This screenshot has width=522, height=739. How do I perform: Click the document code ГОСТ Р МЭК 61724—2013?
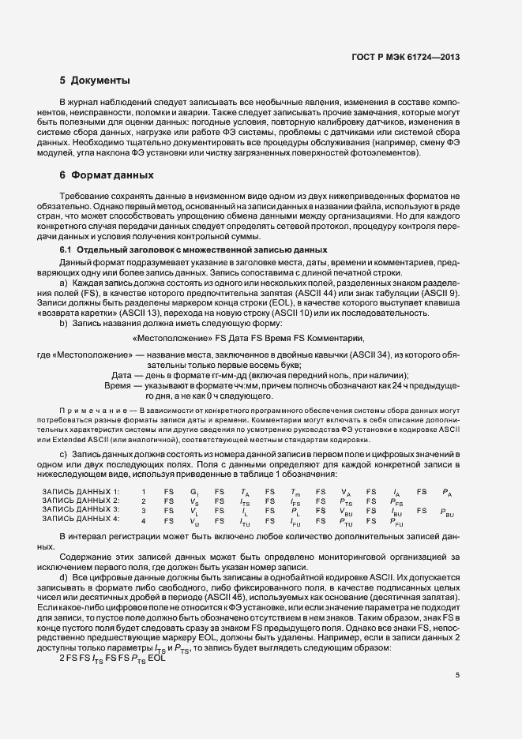(415, 58)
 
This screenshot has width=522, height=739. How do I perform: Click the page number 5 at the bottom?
(456, 674)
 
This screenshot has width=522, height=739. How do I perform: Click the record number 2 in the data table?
(144, 501)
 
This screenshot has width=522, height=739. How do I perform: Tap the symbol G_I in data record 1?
(195, 493)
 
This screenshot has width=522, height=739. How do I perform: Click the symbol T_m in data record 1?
(295, 493)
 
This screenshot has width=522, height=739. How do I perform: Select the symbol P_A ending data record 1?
(447, 493)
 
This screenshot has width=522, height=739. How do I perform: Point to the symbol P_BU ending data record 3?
(447, 511)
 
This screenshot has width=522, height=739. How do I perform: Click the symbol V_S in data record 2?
(194, 501)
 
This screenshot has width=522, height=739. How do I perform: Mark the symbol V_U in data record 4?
(194, 520)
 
